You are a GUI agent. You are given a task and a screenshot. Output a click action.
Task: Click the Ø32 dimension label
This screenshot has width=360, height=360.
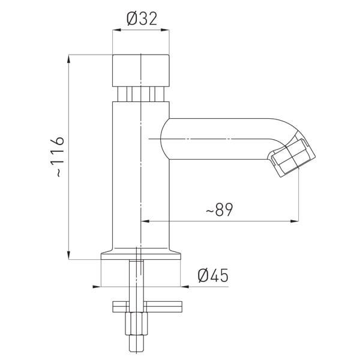142,19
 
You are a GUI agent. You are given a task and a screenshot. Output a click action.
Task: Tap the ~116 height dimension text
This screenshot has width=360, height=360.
56,157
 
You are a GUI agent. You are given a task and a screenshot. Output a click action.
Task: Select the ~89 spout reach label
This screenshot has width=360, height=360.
219,209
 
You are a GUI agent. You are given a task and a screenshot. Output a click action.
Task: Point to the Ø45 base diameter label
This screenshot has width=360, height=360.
213,275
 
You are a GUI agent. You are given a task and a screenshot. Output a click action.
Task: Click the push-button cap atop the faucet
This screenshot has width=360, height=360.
141,70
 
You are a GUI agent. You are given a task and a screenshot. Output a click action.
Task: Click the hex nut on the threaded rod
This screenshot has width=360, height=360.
136,324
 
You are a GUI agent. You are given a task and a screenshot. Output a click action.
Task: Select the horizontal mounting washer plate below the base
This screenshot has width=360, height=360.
147,307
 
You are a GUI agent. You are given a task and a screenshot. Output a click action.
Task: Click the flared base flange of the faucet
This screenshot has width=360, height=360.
141,254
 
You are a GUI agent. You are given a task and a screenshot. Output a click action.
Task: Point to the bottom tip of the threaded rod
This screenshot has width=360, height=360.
137,352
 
